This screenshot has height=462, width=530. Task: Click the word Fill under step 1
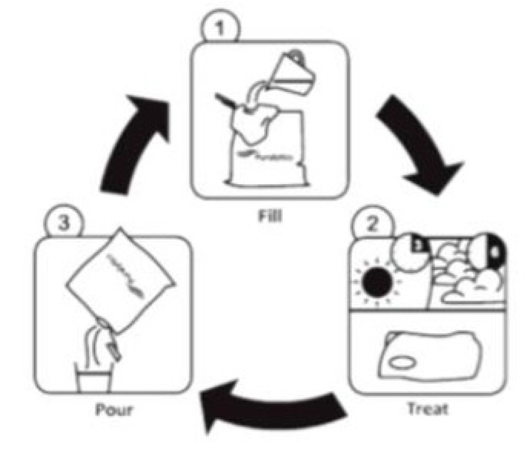tap(270, 216)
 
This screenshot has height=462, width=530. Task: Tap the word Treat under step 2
tap(427, 409)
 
